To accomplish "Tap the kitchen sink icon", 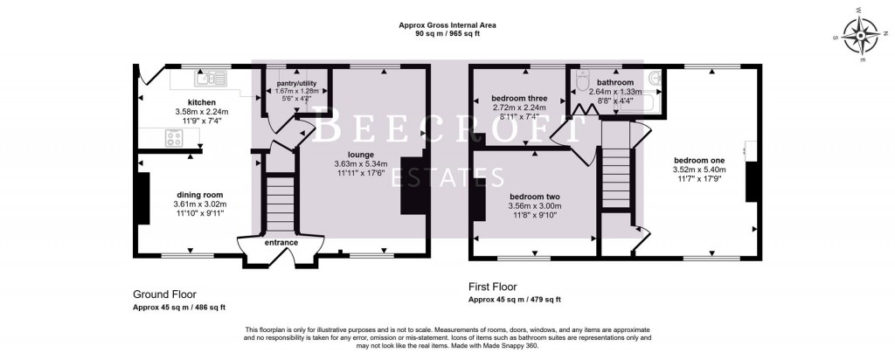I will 212,80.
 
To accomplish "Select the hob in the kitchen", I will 174,137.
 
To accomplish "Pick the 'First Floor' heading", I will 493,287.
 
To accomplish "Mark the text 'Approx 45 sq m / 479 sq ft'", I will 515,300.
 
